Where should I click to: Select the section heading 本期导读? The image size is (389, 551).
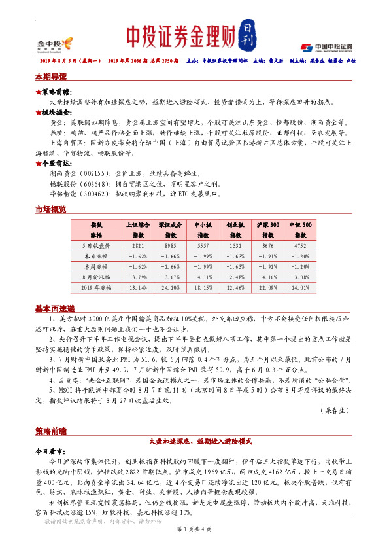(50, 77)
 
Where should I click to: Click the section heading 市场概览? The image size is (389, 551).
(50, 209)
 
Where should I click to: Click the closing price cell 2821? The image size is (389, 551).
(137, 246)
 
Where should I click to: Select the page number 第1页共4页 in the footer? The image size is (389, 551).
(194, 537)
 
